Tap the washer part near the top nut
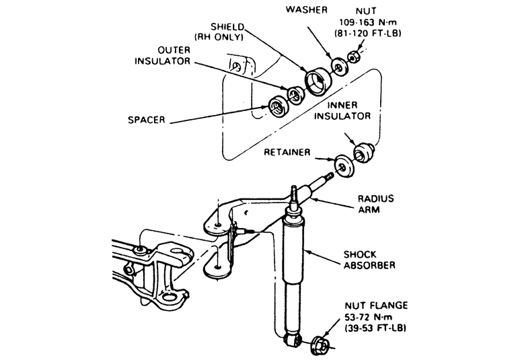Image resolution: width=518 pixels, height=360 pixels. tap(338, 66)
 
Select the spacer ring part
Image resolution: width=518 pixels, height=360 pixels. tap(276, 106)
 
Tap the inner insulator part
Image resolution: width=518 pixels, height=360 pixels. tap(362, 151)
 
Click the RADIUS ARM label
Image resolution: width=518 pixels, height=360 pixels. tap(375, 204)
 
